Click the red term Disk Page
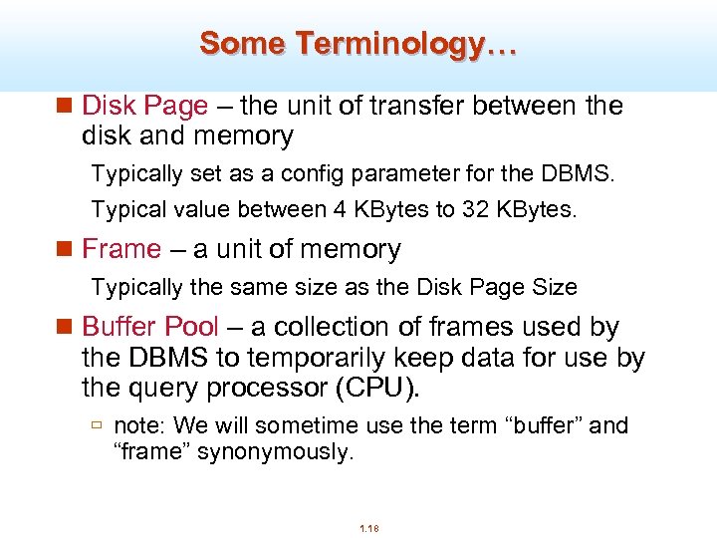click(144, 106)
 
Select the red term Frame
click(120, 249)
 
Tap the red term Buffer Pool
click(149, 327)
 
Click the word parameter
click(390, 174)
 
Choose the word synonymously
click(276, 452)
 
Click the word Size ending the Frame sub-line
click(555, 288)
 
